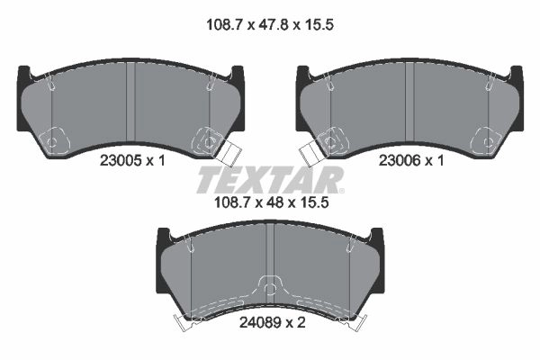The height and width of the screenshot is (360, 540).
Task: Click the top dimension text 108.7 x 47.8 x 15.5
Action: (x=270, y=25)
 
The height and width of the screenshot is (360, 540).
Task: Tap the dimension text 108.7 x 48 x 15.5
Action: (x=272, y=202)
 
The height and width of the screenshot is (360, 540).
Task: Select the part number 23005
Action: (x=121, y=160)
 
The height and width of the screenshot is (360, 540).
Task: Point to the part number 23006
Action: (x=400, y=160)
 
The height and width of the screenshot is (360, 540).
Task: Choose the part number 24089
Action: (x=260, y=323)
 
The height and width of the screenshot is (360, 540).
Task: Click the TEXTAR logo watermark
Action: (x=270, y=179)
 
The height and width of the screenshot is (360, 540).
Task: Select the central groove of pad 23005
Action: (x=130, y=102)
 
